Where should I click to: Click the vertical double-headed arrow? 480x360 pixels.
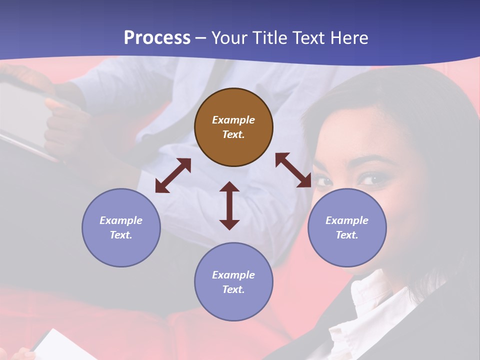[x=229, y=205]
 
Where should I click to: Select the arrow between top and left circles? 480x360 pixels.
[x=173, y=175]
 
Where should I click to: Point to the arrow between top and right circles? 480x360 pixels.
[x=293, y=170]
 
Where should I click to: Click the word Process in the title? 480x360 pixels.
[x=157, y=37]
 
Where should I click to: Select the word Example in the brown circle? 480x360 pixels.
[x=233, y=120]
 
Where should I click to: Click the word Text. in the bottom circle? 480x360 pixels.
[x=233, y=289]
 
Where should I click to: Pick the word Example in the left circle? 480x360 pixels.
[x=121, y=220]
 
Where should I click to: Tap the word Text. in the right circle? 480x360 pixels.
[x=347, y=235]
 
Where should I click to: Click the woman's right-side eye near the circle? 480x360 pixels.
[x=372, y=178]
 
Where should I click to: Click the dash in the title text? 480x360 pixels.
[x=200, y=38]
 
